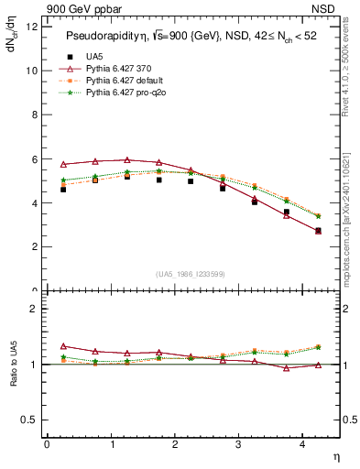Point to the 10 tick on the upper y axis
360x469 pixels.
coord(32,71)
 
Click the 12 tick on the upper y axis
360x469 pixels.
coord(32,27)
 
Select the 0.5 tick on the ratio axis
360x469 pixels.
coord(30,420)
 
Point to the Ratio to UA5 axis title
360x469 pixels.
coord(14,377)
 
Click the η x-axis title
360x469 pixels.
coord(334,455)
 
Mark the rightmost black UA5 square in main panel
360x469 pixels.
coord(318,231)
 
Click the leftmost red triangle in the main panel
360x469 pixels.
coord(63,164)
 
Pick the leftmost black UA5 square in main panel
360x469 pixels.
coord(63,190)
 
